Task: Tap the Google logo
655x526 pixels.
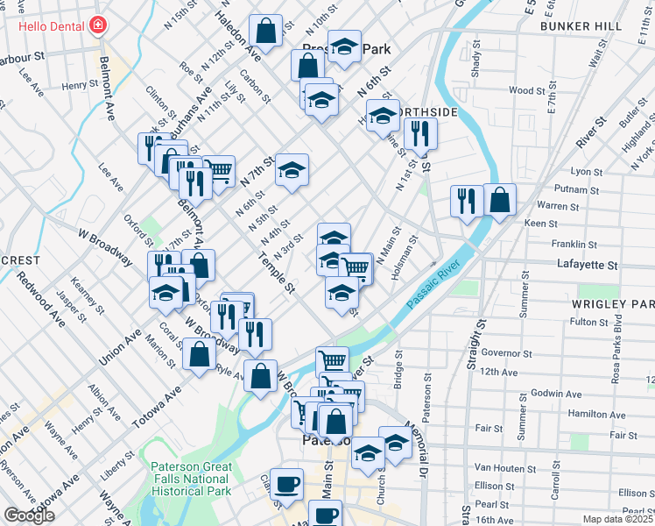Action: coord(29,515)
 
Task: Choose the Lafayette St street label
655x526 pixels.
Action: coord(588,264)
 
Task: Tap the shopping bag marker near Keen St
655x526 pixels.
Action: coord(498,201)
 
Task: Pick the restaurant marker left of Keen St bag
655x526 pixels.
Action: coord(466,201)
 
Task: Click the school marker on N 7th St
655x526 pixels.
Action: coord(292,169)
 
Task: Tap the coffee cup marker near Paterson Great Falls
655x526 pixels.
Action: coord(286,484)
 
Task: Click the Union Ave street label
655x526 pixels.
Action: coord(121,346)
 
